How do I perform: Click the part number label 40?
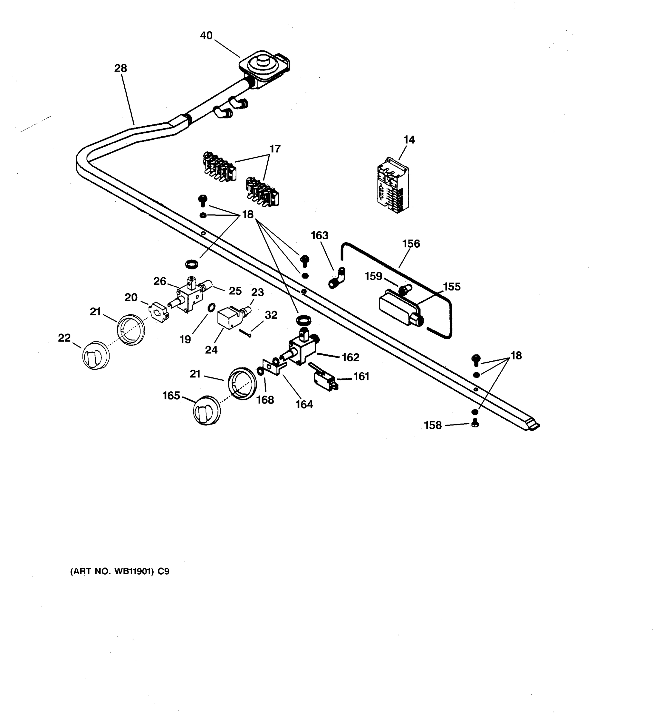click(206, 36)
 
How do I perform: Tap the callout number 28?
click(120, 68)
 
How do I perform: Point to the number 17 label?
click(275, 149)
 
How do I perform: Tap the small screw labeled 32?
click(245, 333)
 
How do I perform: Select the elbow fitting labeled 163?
click(337, 278)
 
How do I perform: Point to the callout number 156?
click(411, 244)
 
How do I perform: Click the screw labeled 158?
click(475, 424)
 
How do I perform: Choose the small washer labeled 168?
click(259, 370)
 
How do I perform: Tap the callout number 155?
click(452, 287)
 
